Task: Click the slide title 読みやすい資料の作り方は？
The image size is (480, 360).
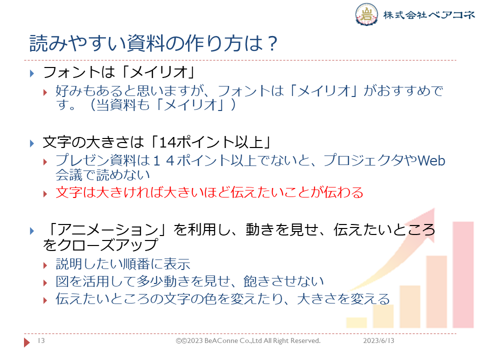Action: [x=153, y=43]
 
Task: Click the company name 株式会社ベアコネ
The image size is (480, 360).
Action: [x=428, y=14]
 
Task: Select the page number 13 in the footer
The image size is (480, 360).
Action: [x=41, y=341]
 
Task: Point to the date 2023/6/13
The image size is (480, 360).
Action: [x=378, y=341]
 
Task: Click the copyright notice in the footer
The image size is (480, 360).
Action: [x=248, y=341]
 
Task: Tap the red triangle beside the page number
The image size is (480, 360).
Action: [x=28, y=342]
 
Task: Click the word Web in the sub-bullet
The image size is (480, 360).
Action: [x=430, y=160]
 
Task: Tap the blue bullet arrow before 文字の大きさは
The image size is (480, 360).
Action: [x=31, y=143]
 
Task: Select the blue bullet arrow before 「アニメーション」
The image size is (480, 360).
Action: [x=31, y=230]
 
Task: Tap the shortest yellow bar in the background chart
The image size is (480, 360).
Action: [x=356, y=322]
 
